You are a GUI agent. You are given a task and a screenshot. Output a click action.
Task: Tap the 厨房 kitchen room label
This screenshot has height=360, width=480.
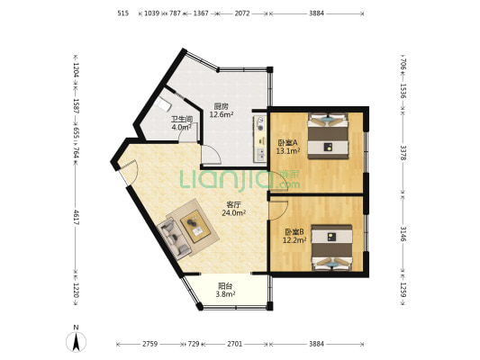pyautogui.click(x=221, y=106)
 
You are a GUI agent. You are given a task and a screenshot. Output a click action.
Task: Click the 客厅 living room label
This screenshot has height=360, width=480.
pyautogui.click(x=233, y=204)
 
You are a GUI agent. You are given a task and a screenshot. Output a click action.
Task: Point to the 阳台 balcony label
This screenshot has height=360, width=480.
pyautogui.click(x=225, y=286)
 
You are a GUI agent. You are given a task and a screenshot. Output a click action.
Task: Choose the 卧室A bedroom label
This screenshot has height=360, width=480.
pyautogui.click(x=288, y=142)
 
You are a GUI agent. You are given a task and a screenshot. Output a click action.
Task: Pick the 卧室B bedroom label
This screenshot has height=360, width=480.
pyautogui.click(x=294, y=232)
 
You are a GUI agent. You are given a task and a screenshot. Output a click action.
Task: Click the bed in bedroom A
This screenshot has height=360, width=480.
pyautogui.click(x=328, y=136)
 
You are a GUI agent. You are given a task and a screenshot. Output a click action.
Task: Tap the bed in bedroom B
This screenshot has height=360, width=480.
pyautogui.click(x=331, y=247)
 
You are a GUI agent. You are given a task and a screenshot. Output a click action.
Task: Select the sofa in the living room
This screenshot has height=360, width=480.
pyautogui.click(x=173, y=237)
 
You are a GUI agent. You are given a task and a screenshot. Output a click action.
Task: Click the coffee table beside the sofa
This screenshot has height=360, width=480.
pyautogui.click(x=195, y=226)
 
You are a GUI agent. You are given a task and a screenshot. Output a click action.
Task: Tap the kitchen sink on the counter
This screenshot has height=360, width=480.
pyautogui.click(x=260, y=154)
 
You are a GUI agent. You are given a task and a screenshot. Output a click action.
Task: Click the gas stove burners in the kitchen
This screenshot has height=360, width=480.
pyautogui.click(x=260, y=123)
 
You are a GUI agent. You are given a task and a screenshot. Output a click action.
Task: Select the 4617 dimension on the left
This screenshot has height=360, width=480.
pyautogui.click(x=76, y=218)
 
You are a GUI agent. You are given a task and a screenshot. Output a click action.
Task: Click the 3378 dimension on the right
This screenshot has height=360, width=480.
pyautogui.click(x=403, y=153)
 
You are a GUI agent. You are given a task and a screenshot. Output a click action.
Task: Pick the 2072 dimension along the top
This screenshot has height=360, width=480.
pyautogui.click(x=242, y=13)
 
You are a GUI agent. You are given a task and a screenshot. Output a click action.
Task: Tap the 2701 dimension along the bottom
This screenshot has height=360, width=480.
pyautogui.click(x=235, y=344)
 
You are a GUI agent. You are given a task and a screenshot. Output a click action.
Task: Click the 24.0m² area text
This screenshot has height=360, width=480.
pyautogui.click(x=234, y=212)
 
